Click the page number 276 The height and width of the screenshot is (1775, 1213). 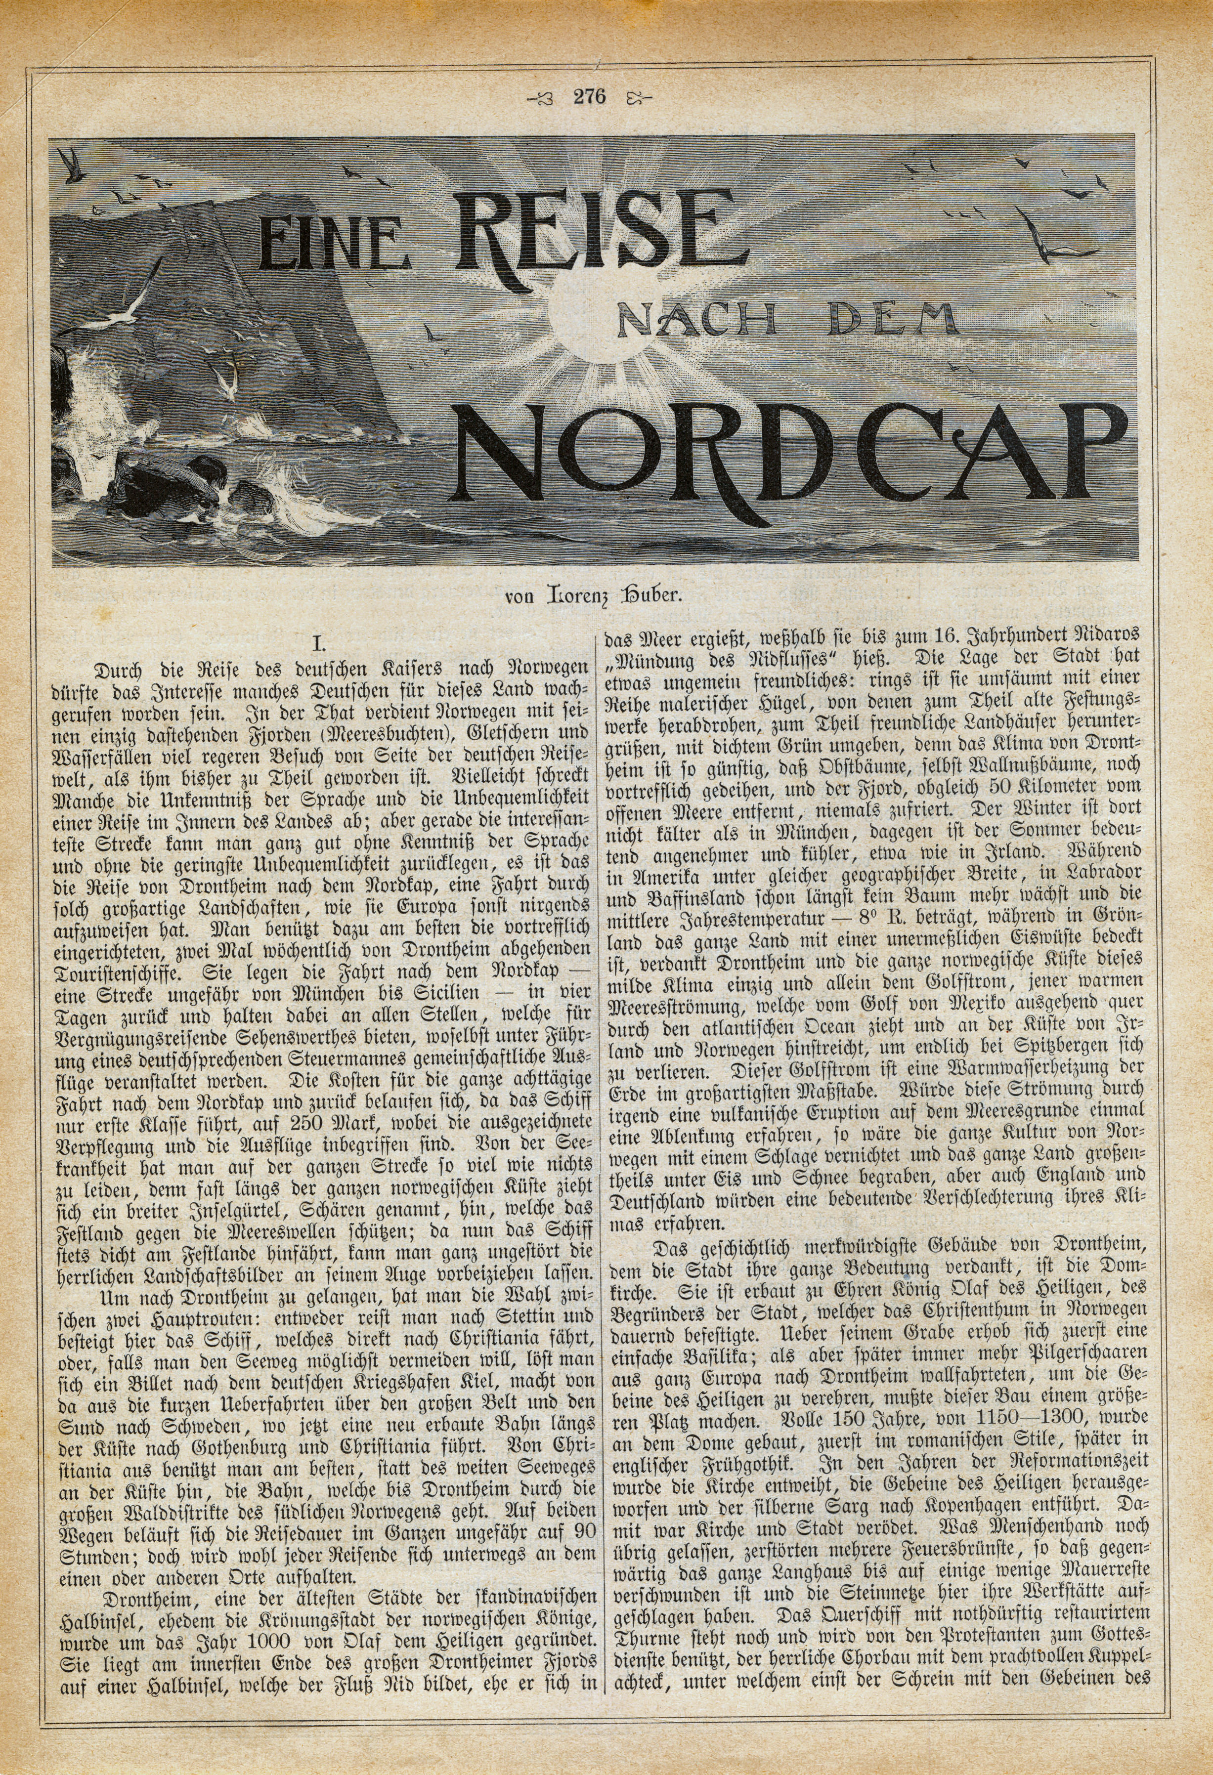587,97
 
